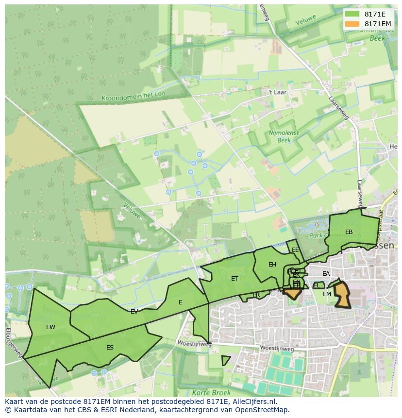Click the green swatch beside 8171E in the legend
click(x=352, y=15)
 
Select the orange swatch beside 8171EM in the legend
click(x=352, y=24)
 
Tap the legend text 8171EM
click(x=378, y=24)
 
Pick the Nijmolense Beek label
click(x=284, y=136)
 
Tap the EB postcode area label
click(x=349, y=232)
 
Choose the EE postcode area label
click(x=295, y=250)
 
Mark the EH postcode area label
click(x=272, y=265)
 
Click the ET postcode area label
click(x=234, y=279)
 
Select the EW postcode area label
click(x=50, y=327)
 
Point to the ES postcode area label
click(x=110, y=348)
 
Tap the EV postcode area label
click(x=134, y=312)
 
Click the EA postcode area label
click(x=326, y=274)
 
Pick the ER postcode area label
click(x=256, y=295)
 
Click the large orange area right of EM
click(x=342, y=296)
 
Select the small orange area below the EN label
click(x=293, y=294)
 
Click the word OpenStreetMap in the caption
click(x=263, y=410)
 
